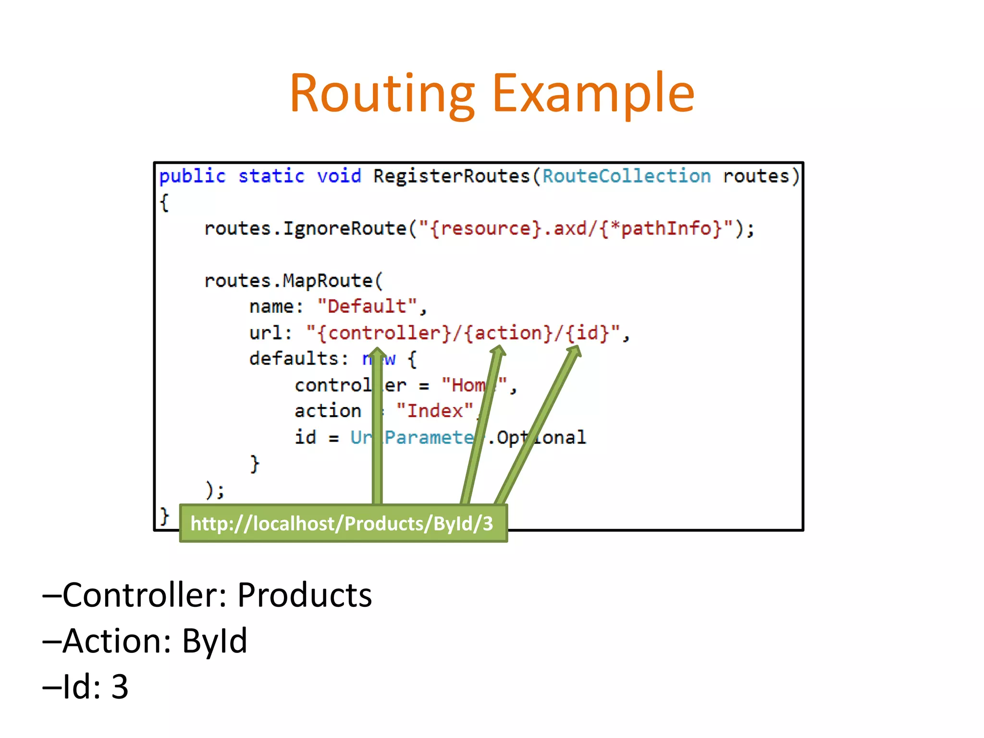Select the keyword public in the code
click(x=192, y=176)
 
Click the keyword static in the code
click(x=271, y=176)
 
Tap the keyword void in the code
click(x=339, y=176)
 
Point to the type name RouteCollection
click(x=626, y=176)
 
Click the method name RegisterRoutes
click(x=452, y=176)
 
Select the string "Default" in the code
click(x=367, y=306)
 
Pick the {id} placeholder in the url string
click(x=587, y=332)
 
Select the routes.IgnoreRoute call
click(x=305, y=228)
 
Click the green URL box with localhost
click(x=343, y=523)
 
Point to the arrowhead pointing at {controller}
click(x=377, y=353)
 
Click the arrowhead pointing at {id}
click(x=575, y=351)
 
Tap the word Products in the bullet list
click(x=304, y=595)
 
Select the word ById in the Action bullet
click(x=214, y=641)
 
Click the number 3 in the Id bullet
click(x=120, y=687)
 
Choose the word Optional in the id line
click(x=541, y=437)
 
